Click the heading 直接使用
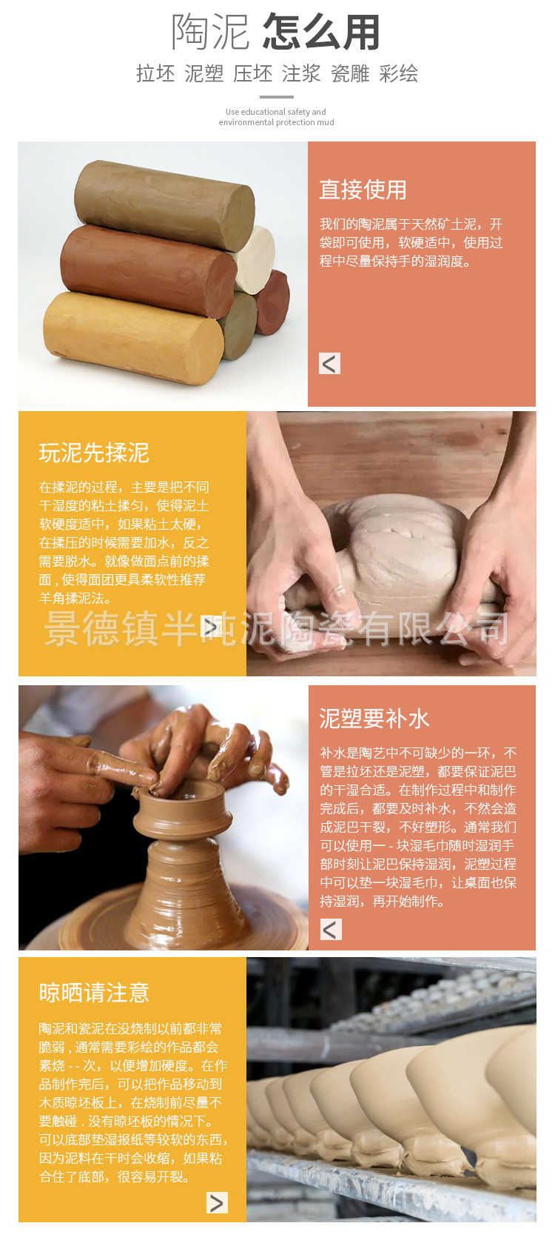point(363,190)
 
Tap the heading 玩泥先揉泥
point(94,453)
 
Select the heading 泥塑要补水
point(374,719)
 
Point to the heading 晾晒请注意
point(94,993)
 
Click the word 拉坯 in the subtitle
point(155,73)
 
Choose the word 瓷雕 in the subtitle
point(350,73)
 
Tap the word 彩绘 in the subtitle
point(399,73)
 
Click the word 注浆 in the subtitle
point(301,73)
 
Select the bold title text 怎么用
point(321,32)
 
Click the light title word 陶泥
point(210,32)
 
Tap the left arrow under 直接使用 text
point(330,363)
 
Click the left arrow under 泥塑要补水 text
point(331,929)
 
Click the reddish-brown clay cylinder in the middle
point(148,270)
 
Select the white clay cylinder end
point(256,259)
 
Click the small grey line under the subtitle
point(277,96)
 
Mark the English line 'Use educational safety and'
point(276,112)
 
